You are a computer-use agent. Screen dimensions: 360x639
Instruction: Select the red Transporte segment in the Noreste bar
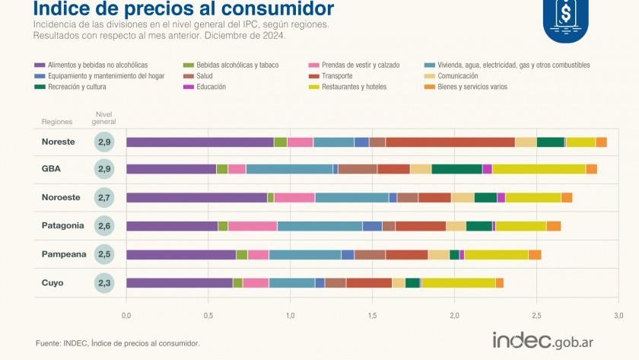[x=450, y=142]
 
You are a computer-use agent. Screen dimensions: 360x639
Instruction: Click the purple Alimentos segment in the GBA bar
[x=171, y=169]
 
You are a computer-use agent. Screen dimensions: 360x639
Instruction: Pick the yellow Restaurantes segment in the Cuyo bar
[x=459, y=283]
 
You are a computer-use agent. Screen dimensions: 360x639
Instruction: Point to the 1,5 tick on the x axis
[x=372, y=315]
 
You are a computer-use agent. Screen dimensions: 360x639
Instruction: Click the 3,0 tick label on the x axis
[x=618, y=315]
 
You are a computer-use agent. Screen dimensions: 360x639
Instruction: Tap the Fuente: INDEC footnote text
[x=117, y=343]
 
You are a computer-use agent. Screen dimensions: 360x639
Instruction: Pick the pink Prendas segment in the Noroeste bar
[x=294, y=197]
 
